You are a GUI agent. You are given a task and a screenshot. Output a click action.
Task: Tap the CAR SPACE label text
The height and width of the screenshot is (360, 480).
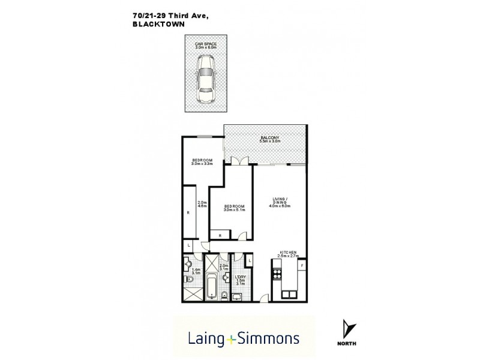click(206, 44)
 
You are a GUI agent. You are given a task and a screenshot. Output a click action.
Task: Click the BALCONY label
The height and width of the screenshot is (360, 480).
click(271, 139)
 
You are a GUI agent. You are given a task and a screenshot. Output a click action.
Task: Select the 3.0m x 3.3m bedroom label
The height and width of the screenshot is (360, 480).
click(202, 161)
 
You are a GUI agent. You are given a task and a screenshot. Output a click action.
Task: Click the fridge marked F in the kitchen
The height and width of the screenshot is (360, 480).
click(302, 265)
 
